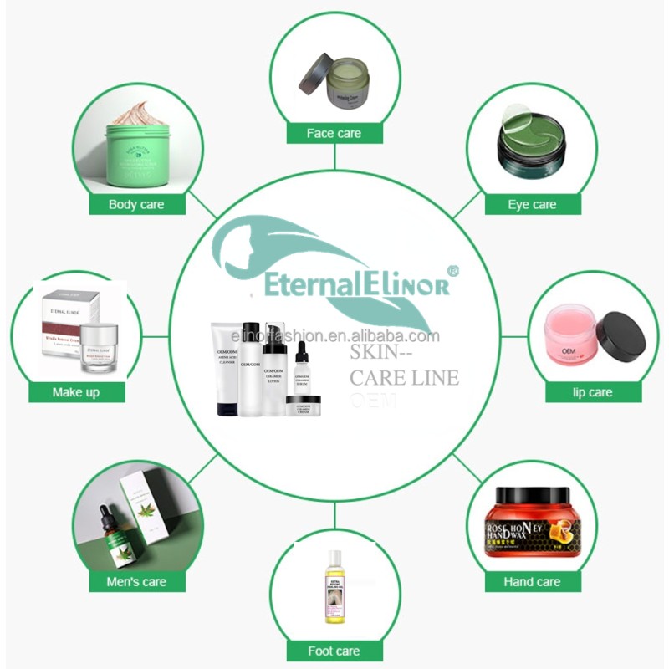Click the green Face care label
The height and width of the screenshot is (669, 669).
[x=334, y=133]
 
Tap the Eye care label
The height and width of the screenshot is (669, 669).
[x=532, y=204]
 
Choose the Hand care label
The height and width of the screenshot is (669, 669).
[x=532, y=581]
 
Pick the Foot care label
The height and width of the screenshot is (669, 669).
[x=334, y=651]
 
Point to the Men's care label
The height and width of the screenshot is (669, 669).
[x=137, y=581]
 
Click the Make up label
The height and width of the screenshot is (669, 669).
[x=76, y=392]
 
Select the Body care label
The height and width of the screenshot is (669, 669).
[x=136, y=204]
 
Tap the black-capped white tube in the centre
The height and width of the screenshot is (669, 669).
[x=227, y=368]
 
